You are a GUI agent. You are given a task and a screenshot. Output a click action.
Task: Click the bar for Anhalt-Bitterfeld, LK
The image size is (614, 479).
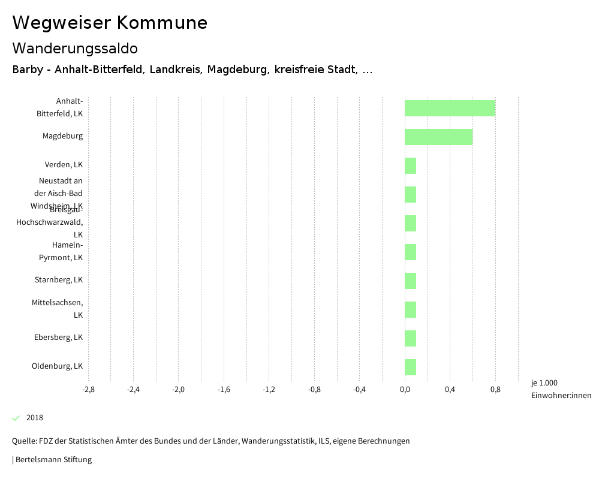(450, 109)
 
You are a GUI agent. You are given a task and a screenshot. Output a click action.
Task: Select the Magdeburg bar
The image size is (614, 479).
(438, 137)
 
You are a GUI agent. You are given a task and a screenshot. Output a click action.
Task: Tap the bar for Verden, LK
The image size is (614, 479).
(410, 165)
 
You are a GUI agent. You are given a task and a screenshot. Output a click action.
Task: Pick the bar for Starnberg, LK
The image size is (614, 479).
(410, 281)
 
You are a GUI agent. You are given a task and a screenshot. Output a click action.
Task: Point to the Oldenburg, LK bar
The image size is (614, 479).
(410, 367)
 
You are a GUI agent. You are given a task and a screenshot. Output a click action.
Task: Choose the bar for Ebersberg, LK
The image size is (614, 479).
(410, 338)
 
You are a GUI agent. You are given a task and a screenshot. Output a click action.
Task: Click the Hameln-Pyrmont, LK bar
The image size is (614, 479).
(410, 252)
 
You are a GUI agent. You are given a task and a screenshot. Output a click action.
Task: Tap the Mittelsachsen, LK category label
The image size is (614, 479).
(58, 309)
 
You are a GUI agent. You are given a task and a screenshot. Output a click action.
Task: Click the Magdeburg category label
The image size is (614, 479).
(62, 136)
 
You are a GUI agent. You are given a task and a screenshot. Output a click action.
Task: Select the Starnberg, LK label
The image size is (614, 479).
(59, 280)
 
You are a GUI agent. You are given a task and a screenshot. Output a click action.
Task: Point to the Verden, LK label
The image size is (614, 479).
(64, 165)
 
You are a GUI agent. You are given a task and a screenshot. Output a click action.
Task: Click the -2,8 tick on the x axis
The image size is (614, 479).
(88, 390)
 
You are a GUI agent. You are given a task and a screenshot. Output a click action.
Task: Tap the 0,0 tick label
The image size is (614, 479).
(405, 390)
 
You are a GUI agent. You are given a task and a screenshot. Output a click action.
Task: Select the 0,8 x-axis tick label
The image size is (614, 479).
(495, 390)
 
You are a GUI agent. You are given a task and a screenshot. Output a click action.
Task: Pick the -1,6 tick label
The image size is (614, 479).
(224, 390)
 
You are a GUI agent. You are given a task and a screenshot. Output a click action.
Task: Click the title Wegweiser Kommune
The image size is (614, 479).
(110, 23)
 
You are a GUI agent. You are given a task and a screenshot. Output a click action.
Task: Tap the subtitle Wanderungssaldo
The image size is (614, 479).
(75, 49)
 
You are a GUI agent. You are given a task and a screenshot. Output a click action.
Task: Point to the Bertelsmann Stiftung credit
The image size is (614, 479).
(53, 460)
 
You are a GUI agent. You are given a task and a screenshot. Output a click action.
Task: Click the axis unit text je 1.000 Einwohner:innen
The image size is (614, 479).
(561, 389)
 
